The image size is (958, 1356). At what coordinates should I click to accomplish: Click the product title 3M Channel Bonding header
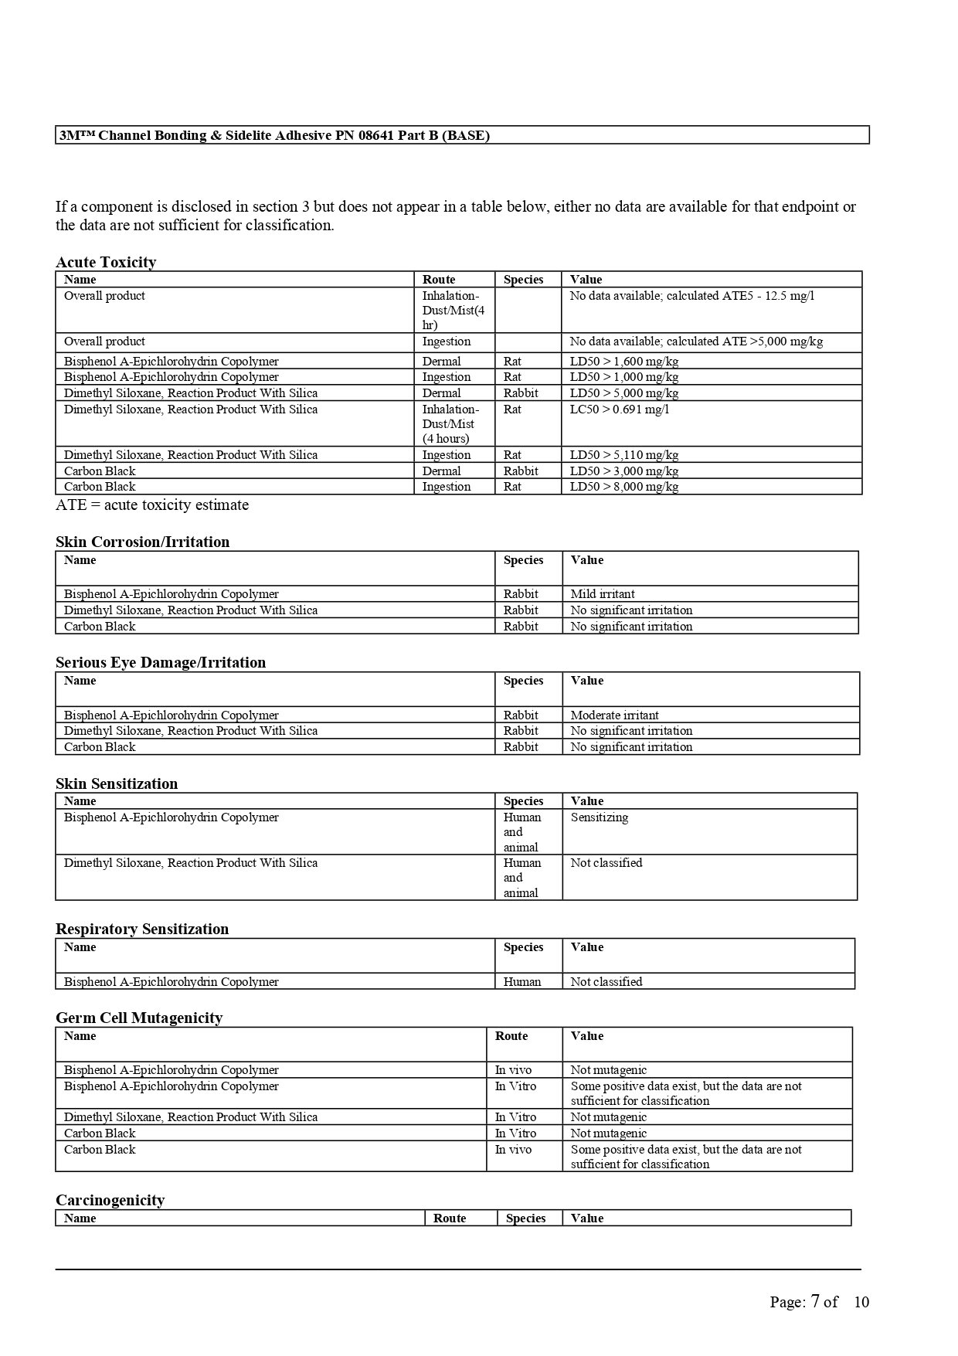pyautogui.click(x=275, y=135)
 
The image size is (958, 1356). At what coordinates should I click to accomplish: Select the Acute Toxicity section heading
pyautogui.click(x=106, y=262)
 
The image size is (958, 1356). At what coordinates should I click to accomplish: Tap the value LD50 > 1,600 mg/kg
pyautogui.click(x=624, y=361)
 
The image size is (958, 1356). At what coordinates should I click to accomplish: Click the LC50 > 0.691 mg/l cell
pyautogui.click(x=620, y=409)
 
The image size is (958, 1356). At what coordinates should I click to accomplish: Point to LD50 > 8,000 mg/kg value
pyautogui.click(x=624, y=487)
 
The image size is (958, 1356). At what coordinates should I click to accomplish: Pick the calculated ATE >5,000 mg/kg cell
pyautogui.click(x=696, y=342)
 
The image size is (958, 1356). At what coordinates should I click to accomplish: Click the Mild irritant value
pyautogui.click(x=603, y=594)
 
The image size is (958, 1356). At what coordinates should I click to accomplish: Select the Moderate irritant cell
pyautogui.click(x=614, y=715)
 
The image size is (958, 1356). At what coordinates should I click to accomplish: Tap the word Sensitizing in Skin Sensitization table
pyautogui.click(x=600, y=817)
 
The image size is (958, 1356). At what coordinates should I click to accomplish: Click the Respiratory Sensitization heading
pyautogui.click(x=142, y=929)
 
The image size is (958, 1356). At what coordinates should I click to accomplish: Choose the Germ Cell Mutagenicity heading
pyautogui.click(x=139, y=1018)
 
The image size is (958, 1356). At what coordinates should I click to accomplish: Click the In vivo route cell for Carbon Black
pyautogui.click(x=513, y=1150)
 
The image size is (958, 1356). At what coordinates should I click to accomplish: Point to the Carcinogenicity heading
pyautogui.click(x=110, y=1200)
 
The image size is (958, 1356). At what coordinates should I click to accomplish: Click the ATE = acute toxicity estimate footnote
pyautogui.click(x=152, y=505)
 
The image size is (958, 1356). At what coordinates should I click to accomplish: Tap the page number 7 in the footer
pyautogui.click(x=815, y=1301)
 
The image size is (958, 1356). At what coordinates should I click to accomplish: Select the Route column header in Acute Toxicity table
pyautogui.click(x=439, y=280)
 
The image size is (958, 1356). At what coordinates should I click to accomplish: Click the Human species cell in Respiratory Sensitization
pyautogui.click(x=522, y=982)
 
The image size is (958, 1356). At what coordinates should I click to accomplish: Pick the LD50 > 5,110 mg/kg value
pyautogui.click(x=624, y=455)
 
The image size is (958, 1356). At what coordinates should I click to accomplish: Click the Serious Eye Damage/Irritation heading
pyautogui.click(x=161, y=662)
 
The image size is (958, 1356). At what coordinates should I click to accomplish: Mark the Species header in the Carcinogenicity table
pyautogui.click(x=525, y=1218)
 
